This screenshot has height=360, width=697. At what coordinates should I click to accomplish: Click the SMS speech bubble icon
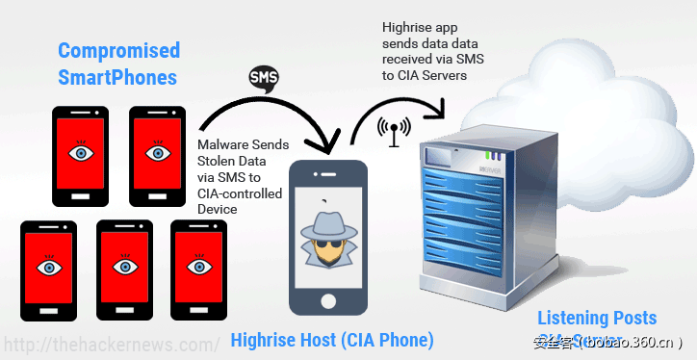click(x=264, y=77)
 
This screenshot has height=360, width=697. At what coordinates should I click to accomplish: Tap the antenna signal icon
click(x=394, y=132)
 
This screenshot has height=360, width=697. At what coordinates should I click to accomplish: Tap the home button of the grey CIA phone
click(x=328, y=298)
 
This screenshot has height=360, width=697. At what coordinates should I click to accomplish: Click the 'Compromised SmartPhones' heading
click(x=118, y=63)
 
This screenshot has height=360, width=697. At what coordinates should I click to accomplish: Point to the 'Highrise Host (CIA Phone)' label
click(x=332, y=340)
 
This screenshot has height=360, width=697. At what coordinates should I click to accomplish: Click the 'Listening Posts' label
click(x=597, y=318)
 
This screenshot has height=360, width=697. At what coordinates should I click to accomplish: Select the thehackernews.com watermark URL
click(x=112, y=344)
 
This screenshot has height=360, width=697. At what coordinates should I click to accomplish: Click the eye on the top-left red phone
click(x=81, y=152)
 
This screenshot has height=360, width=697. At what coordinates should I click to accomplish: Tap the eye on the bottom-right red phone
click(x=197, y=266)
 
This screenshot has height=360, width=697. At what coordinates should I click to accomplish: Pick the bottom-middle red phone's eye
click(x=124, y=266)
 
